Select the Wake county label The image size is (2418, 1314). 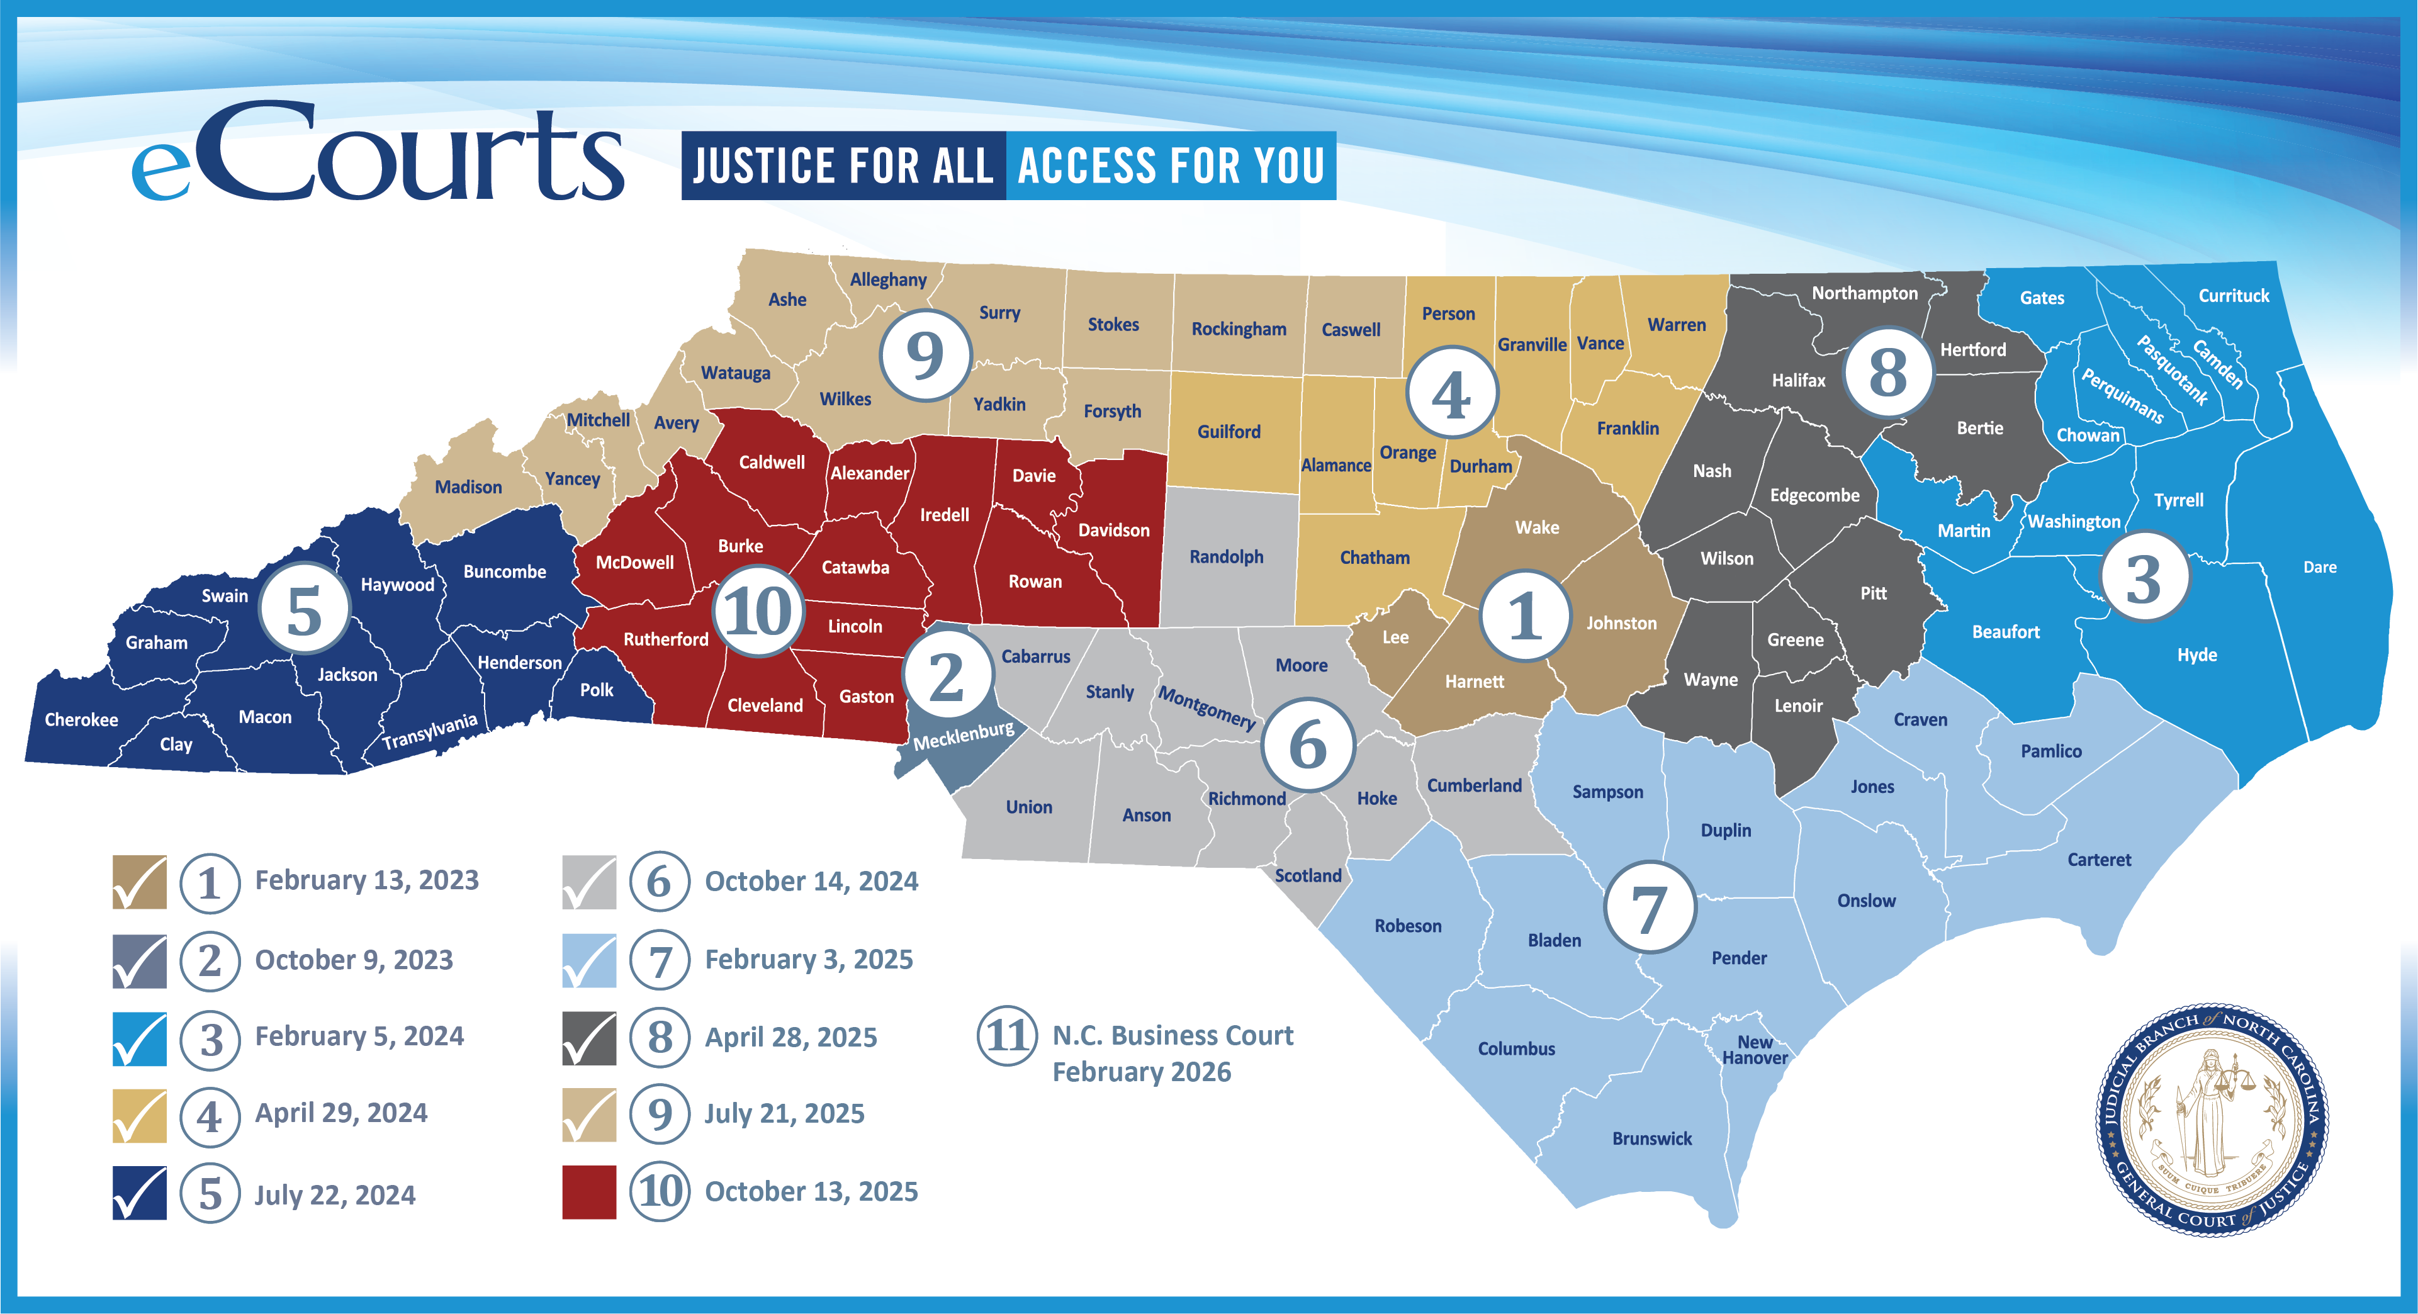pyautogui.click(x=1537, y=527)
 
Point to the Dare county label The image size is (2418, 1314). pyautogui.click(x=2319, y=567)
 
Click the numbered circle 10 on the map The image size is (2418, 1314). pyautogui.click(x=758, y=611)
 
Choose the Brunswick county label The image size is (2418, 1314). pyautogui.click(x=1652, y=1138)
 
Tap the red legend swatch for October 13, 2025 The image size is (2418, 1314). pyautogui.click(x=588, y=1192)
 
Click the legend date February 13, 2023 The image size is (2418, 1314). pyautogui.click(x=367, y=880)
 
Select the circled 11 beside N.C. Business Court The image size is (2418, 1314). pyautogui.click(x=1007, y=1036)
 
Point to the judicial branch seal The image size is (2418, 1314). pyautogui.click(x=2212, y=1119)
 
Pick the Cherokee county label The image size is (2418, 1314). pyautogui.click(x=82, y=720)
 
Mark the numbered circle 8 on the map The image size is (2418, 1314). pyautogui.click(x=1887, y=373)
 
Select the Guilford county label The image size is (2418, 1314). pyautogui.click(x=1229, y=432)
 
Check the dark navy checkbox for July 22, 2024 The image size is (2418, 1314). pyautogui.click(x=140, y=1193)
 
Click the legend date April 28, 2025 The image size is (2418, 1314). pyautogui.click(x=790, y=1037)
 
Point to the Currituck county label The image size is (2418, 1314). pyautogui.click(x=2233, y=296)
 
